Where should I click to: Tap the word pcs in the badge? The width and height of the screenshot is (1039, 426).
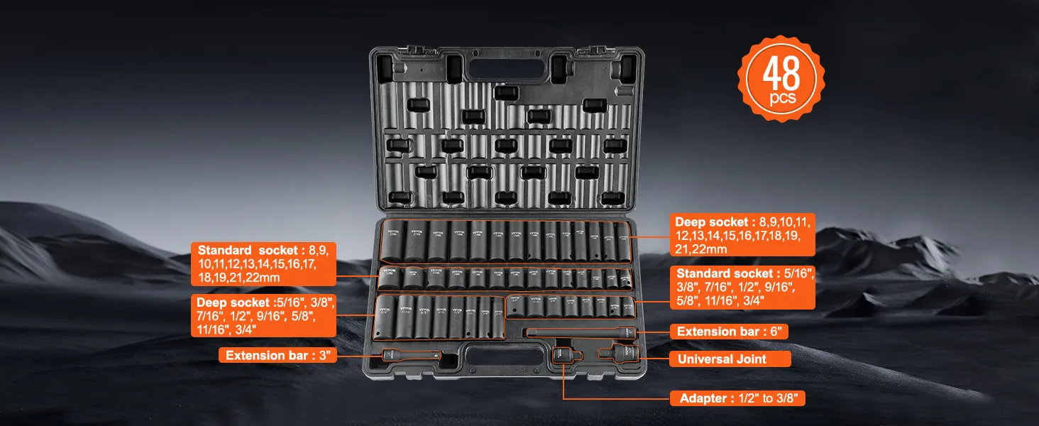(x=782, y=98)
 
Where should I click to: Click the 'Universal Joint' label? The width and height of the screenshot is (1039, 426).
(x=722, y=359)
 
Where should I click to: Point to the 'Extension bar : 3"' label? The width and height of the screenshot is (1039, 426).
(x=277, y=355)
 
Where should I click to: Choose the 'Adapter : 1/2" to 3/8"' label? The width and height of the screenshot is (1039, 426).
(x=737, y=398)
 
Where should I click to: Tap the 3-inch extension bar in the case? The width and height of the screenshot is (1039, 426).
(x=412, y=355)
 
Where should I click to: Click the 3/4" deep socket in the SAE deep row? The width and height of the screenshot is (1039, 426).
(x=387, y=317)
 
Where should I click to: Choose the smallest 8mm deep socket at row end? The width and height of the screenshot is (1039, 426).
(x=622, y=242)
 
